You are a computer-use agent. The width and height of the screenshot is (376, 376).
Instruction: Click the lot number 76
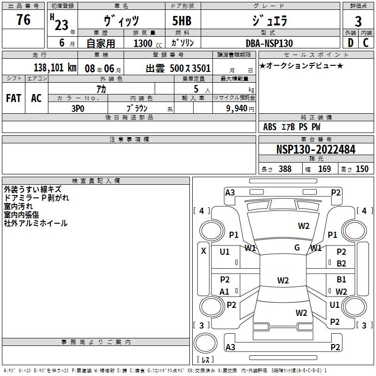23,19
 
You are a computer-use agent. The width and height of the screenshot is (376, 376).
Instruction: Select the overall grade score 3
358,22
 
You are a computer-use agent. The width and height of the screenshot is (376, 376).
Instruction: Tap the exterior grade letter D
351,43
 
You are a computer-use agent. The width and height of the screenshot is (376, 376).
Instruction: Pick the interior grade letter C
366,43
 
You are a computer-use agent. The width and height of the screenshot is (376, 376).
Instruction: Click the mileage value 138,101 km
55,68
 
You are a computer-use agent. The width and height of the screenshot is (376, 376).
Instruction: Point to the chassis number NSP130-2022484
316,149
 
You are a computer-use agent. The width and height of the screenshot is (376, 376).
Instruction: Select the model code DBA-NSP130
269,43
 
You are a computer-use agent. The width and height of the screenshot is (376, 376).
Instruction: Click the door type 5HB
182,21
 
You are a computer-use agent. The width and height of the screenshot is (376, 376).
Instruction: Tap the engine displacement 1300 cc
148,43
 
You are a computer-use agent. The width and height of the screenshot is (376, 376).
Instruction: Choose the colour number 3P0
78,109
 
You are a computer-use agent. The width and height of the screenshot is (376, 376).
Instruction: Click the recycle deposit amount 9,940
237,109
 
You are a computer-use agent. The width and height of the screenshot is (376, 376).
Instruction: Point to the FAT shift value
14,98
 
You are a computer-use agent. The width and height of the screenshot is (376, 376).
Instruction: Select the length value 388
285,169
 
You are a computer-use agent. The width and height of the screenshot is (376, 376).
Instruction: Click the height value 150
362,169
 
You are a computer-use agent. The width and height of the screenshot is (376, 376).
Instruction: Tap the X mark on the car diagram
204,251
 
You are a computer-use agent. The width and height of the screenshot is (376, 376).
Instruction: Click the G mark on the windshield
297,248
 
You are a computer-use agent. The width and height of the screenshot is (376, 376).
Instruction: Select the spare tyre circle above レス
205,343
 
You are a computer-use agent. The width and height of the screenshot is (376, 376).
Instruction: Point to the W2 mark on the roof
283,280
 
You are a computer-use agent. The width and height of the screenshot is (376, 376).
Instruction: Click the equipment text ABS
270,127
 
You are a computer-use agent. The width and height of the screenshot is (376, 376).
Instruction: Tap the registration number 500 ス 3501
190,68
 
